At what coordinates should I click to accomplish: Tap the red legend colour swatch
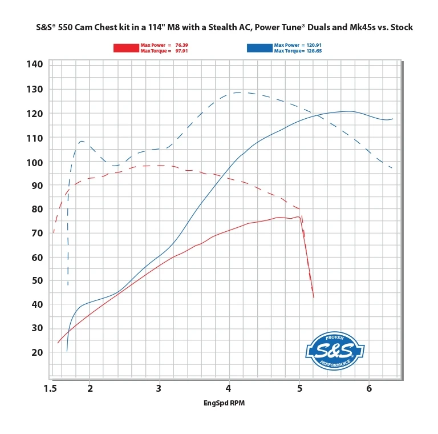[x=126, y=48]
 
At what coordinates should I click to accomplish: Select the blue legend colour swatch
[x=259, y=48]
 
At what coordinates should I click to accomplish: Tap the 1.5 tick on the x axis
[x=50, y=389]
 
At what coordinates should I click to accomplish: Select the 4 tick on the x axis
[x=229, y=389]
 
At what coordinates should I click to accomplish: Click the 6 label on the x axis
[x=369, y=389]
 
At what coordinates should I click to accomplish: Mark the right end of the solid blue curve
[x=392, y=119]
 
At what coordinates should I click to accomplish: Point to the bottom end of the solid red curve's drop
[x=314, y=298]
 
